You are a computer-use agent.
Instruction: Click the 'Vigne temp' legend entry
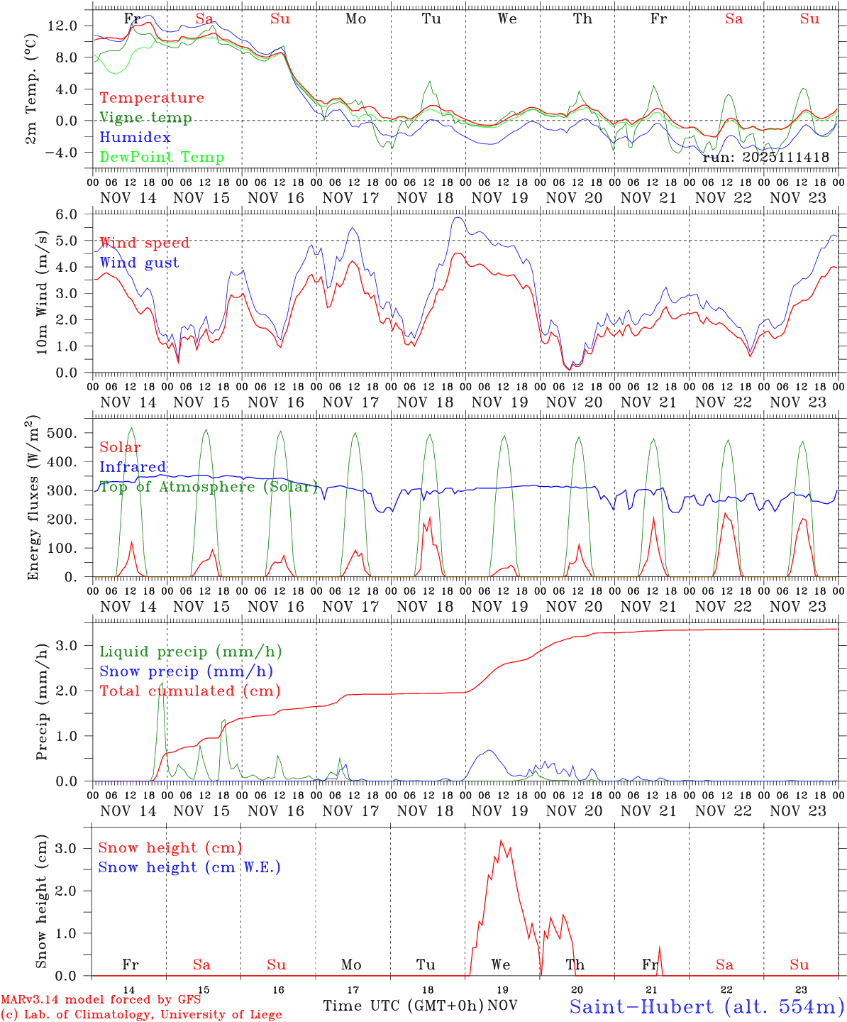(145, 118)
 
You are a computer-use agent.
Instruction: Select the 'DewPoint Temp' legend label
(162, 158)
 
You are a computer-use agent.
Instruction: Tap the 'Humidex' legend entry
(135, 138)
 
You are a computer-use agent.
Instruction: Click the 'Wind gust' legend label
(139, 263)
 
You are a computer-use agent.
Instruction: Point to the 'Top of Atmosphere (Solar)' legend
(209, 487)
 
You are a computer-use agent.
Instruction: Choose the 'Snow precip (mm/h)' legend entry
(186, 671)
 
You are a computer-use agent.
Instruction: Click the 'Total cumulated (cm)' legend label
(189, 691)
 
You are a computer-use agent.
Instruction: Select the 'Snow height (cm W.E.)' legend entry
(189, 867)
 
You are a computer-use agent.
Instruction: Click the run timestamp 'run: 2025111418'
(765, 158)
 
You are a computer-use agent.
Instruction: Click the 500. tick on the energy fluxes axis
(61, 433)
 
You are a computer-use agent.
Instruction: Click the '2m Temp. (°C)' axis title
(31, 89)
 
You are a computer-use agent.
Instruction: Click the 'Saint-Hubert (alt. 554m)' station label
(707, 1006)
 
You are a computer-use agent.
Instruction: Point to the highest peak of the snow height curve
(501, 841)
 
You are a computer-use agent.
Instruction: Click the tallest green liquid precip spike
(161, 683)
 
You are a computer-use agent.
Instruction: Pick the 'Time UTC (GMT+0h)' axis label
(403, 1006)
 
